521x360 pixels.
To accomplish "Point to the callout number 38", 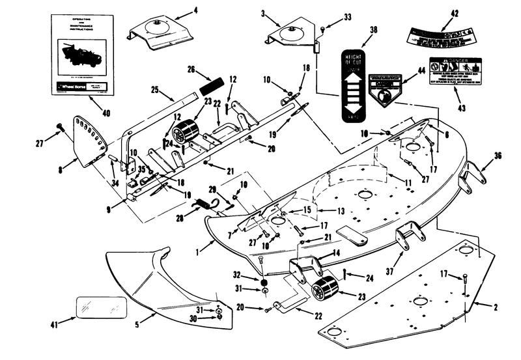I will tap(355, 30).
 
